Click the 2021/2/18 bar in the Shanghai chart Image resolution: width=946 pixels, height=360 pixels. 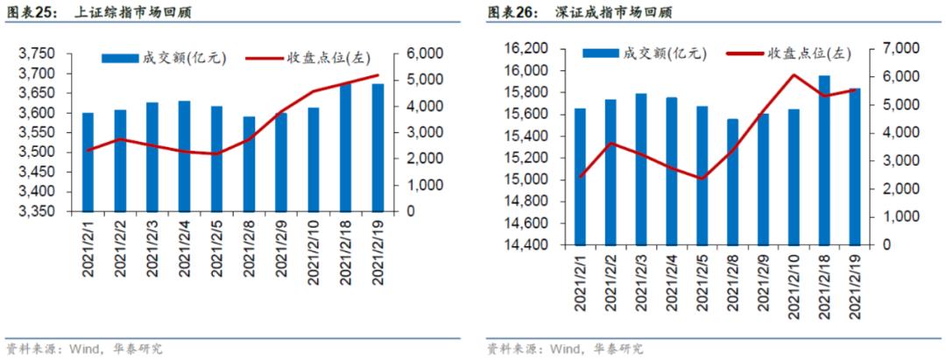pyautogui.click(x=346, y=147)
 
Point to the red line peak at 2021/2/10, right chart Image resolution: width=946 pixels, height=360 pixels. pyautogui.click(x=794, y=75)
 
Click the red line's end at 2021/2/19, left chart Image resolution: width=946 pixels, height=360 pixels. pyautogui.click(x=378, y=75)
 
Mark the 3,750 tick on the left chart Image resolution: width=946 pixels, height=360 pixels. pyautogui.click(x=37, y=54)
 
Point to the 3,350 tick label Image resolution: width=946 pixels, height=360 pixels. pyautogui.click(x=37, y=212)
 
